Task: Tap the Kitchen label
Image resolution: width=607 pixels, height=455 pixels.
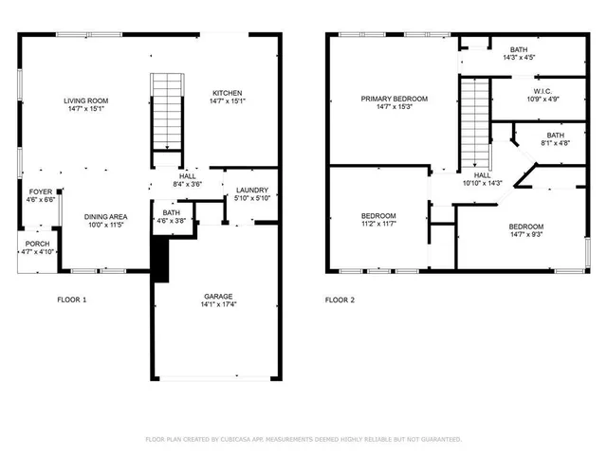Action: pyautogui.click(x=227, y=92)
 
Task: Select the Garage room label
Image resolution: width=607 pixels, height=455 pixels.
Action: pyautogui.click(x=217, y=296)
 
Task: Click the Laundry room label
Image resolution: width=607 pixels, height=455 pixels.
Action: pyautogui.click(x=251, y=190)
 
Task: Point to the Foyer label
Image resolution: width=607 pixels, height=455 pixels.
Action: pyautogui.click(x=41, y=191)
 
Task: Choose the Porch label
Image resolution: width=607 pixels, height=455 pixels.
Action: pyautogui.click(x=37, y=244)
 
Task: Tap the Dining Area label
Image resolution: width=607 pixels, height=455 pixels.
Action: pyautogui.click(x=106, y=217)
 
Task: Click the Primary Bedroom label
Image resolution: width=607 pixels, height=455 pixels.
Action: pyautogui.click(x=395, y=99)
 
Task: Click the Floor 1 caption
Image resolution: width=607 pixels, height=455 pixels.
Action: pyautogui.click(x=72, y=300)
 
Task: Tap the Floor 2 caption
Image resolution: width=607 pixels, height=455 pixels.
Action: pyautogui.click(x=340, y=300)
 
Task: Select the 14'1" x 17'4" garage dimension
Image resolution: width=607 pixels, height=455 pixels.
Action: pyautogui.click(x=217, y=304)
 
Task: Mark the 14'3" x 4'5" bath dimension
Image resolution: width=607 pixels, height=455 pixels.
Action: pyautogui.click(x=519, y=58)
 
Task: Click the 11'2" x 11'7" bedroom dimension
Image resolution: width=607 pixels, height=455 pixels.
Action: pyautogui.click(x=378, y=225)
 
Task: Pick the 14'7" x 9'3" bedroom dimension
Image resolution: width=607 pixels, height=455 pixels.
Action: pyautogui.click(x=526, y=235)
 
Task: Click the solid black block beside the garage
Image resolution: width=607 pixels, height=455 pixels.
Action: pyautogui.click(x=159, y=259)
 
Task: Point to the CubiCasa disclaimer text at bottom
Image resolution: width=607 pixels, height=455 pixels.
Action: pyautogui.click(x=303, y=440)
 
